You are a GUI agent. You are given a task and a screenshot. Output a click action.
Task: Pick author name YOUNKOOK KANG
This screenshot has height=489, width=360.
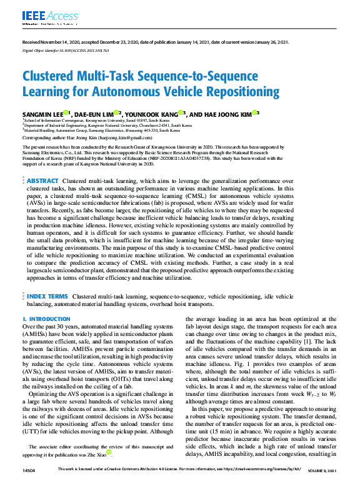click(x=150, y=114)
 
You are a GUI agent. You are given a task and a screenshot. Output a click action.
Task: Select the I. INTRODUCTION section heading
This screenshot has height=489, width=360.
click(x=47, y=319)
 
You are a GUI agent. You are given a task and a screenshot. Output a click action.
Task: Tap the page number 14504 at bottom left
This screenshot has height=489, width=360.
click(x=29, y=469)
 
